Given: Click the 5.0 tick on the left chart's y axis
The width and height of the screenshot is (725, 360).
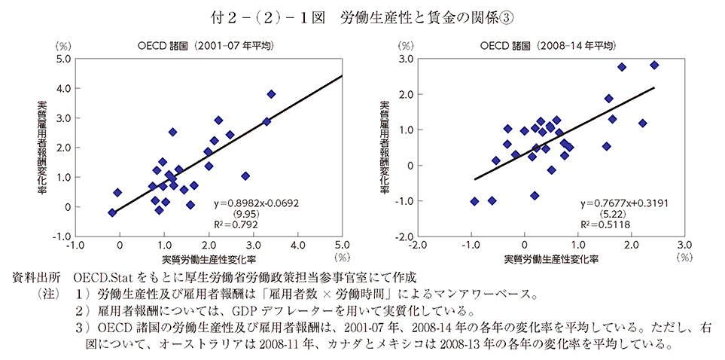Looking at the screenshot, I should (x=64, y=59).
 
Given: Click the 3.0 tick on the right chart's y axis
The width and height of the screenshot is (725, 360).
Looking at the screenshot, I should (x=404, y=59).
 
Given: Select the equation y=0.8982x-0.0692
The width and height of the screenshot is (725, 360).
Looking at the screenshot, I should (x=254, y=203).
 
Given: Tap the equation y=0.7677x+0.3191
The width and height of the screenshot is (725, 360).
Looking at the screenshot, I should (x=626, y=203).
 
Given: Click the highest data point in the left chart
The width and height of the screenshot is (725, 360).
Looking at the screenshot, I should (x=271, y=94).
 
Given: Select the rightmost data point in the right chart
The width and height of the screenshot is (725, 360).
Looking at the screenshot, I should (x=654, y=66).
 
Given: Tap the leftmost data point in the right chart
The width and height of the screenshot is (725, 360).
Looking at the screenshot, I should (x=474, y=201).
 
